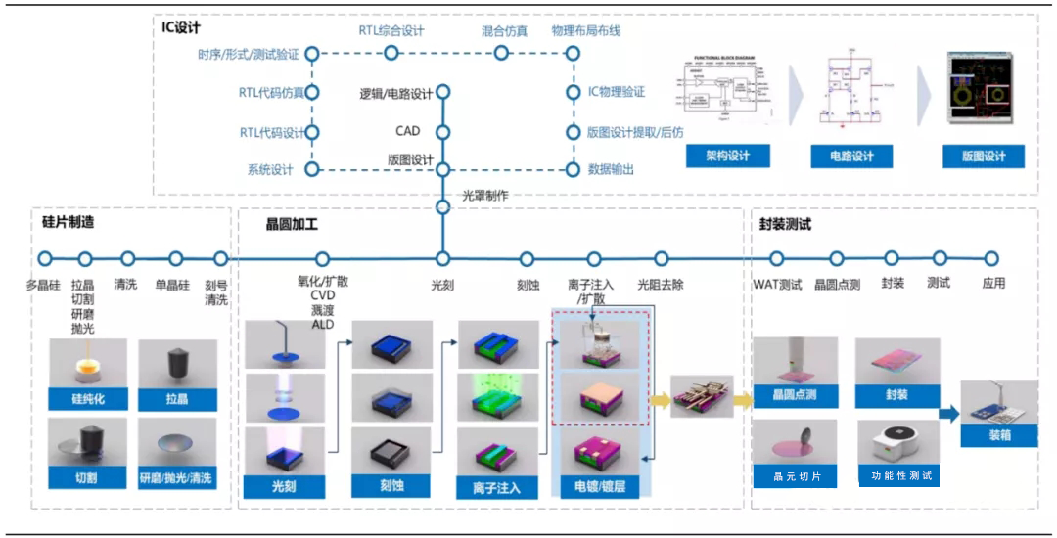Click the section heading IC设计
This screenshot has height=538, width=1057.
click(181, 26)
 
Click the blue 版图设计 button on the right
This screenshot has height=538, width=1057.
click(984, 157)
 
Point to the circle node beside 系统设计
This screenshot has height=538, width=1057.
click(312, 169)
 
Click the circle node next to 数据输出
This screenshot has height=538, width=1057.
click(573, 169)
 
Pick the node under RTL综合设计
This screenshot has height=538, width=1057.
click(391, 53)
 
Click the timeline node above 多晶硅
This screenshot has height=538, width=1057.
click(44, 259)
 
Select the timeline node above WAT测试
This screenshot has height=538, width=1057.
click(777, 259)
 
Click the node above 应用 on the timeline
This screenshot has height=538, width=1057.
click(991, 259)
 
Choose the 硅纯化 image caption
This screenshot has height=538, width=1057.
click(87, 399)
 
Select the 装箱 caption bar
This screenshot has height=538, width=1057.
click(999, 436)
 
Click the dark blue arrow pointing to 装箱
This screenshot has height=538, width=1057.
click(948, 414)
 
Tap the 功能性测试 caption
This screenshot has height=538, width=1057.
click(901, 476)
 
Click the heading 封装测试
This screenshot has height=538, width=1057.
click(785, 224)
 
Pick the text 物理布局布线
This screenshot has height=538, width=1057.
click(585, 30)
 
